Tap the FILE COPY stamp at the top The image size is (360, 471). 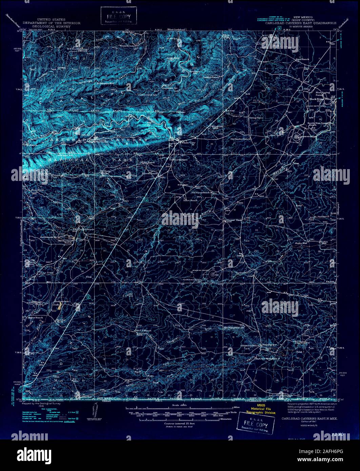(119, 16)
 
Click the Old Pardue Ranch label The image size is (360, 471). (240, 139)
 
